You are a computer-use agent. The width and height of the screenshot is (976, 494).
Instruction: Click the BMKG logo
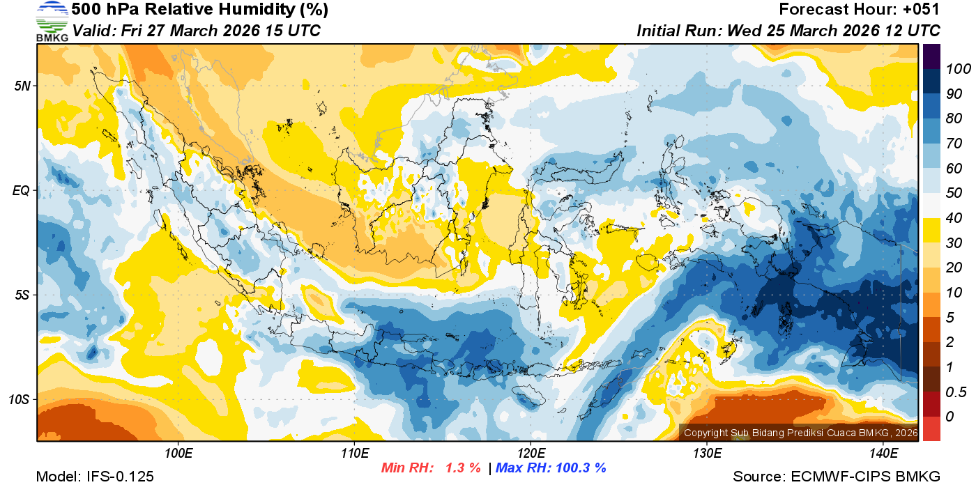click(x=52, y=22)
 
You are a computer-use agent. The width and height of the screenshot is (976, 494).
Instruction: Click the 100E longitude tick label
click(x=178, y=454)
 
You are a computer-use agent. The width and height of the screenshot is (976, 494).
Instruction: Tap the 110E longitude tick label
click(x=354, y=454)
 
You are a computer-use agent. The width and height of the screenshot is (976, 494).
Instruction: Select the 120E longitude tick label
click(x=531, y=454)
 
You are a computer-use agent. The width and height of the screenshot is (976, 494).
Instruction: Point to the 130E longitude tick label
click(x=707, y=454)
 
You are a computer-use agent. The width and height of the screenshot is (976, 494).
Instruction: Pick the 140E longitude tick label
click(x=883, y=454)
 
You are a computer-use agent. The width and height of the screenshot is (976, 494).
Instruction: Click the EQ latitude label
click(x=21, y=190)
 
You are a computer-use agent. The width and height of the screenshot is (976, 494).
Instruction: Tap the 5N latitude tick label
click(x=21, y=86)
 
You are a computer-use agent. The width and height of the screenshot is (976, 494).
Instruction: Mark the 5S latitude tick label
click(x=21, y=295)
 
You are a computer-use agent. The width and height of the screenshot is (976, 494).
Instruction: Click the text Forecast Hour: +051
click(x=860, y=10)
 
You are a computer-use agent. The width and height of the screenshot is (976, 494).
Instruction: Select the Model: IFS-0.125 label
click(x=95, y=477)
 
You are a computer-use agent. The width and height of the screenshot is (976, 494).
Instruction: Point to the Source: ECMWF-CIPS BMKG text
click(x=837, y=477)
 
